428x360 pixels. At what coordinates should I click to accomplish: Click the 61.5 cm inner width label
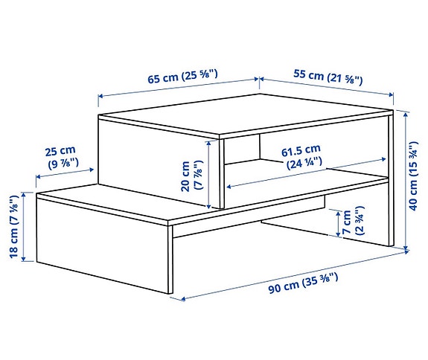pyautogui.click(x=300, y=151)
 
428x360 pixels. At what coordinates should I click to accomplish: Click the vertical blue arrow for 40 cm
pyautogui.click(x=406, y=179)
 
